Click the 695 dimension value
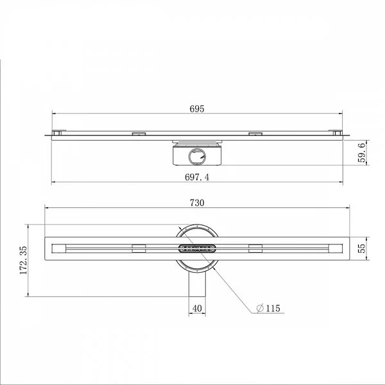[197, 109]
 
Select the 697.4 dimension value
[197, 177]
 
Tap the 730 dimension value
[197, 203]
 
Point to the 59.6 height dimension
[362, 153]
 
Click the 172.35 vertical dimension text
[24, 261]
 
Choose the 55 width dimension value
[362, 248]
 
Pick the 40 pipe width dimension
[197, 309]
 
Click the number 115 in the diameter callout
[273, 309]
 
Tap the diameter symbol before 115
[260, 308]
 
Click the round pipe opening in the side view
[197, 157]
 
